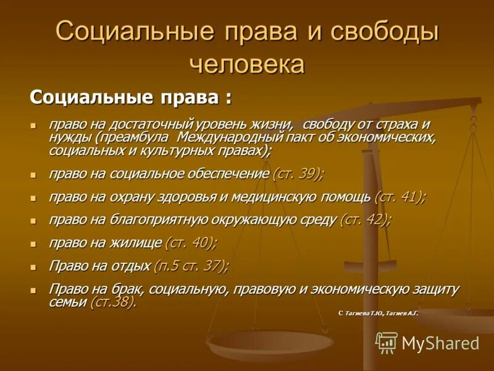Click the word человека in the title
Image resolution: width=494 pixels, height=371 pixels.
pos(247,64)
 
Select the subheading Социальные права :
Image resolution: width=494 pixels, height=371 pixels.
pos(132,97)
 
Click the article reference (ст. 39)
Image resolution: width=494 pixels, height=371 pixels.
pos(298,174)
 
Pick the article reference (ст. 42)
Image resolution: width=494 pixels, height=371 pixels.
pos(365,220)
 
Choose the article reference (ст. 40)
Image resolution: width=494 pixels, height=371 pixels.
pos(190,242)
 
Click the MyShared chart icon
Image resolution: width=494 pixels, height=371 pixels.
pos(387,343)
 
